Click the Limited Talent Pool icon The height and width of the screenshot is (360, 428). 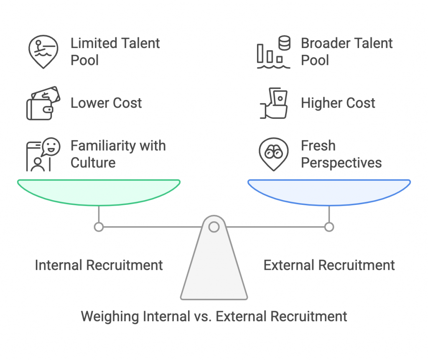(x=43, y=51)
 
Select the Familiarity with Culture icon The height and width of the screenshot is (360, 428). (x=43, y=154)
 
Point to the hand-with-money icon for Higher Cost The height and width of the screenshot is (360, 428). (x=273, y=103)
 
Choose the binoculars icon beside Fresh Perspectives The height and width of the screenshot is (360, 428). (x=273, y=154)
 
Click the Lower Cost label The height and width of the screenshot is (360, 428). (x=106, y=103)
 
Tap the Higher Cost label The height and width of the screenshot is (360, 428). (x=338, y=103)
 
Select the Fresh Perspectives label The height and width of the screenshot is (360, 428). (x=341, y=154)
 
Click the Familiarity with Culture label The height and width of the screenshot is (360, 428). (x=118, y=154)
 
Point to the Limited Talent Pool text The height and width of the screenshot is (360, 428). (x=115, y=51)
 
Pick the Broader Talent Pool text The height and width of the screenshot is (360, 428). (x=346, y=51)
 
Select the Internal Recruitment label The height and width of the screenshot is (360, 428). (x=99, y=265)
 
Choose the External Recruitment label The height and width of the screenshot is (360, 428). (x=329, y=265)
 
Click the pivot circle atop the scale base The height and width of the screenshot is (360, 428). (x=214, y=227)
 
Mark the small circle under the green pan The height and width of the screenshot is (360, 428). (x=99, y=227)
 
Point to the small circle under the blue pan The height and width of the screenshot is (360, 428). (x=329, y=227)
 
